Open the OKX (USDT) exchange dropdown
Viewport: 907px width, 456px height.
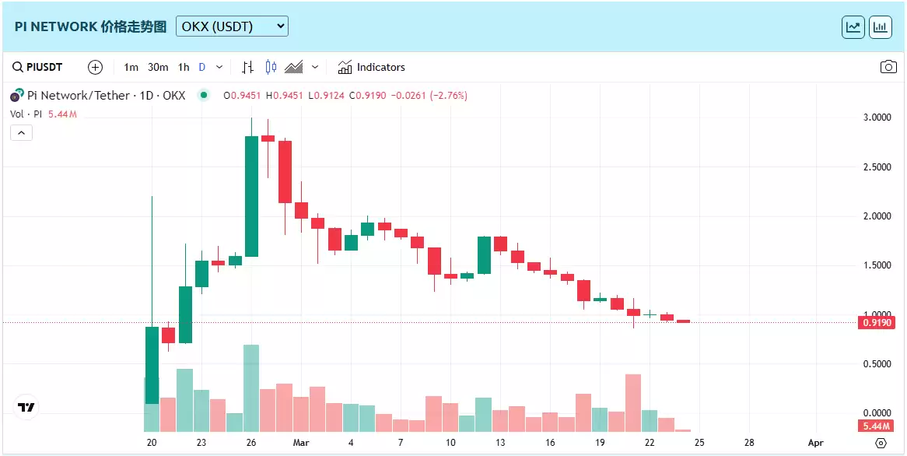[232, 26]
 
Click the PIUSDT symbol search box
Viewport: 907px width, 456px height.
[38, 67]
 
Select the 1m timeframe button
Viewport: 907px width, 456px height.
[131, 67]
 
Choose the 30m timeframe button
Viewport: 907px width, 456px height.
[158, 67]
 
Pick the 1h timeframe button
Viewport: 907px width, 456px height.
[184, 67]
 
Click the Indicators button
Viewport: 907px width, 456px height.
[371, 67]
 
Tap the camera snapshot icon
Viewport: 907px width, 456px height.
[888, 67]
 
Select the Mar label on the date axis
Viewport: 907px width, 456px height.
[301, 443]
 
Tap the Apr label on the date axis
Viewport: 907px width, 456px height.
[815, 443]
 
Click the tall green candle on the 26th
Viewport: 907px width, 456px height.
[251, 196]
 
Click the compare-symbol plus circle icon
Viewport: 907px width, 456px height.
[95, 67]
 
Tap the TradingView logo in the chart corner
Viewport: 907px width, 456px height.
[26, 407]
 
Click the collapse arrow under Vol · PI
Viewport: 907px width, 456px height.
[21, 133]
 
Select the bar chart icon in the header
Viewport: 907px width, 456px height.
[881, 26]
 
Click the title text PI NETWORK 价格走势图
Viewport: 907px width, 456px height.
[90, 26]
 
